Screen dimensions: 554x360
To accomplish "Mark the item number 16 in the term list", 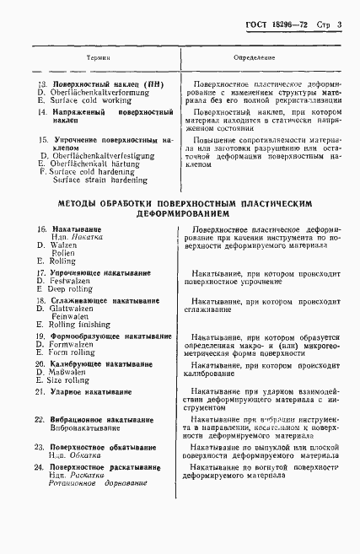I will click(x=40, y=229).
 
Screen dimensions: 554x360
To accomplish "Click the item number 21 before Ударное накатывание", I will click(x=40, y=393).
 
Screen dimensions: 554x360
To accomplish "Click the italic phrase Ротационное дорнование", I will click(x=98, y=483).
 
